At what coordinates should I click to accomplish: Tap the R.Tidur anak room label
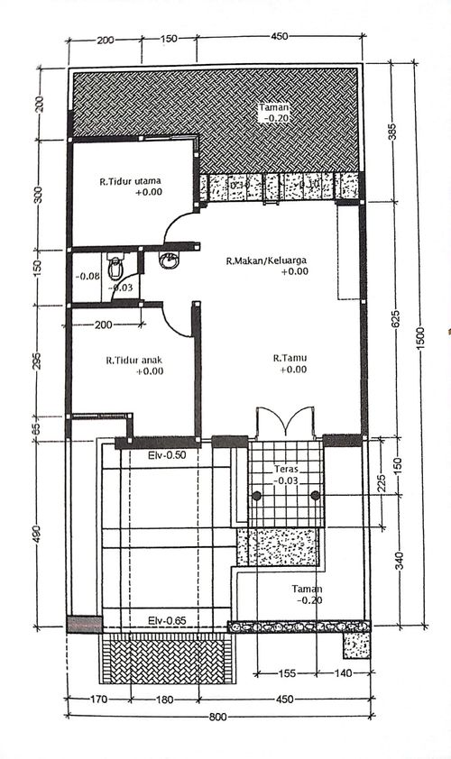tap(133, 358)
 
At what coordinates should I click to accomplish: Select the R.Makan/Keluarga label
tap(267, 261)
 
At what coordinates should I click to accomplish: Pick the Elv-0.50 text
tap(166, 455)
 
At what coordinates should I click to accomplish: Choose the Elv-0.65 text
tap(166, 621)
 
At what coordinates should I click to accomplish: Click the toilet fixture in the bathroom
tap(115, 267)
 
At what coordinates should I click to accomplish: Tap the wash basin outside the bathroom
tap(168, 261)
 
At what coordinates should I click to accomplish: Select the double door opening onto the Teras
tap(285, 422)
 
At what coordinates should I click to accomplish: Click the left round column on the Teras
tap(257, 496)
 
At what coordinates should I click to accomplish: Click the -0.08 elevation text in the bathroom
tap(87, 277)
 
